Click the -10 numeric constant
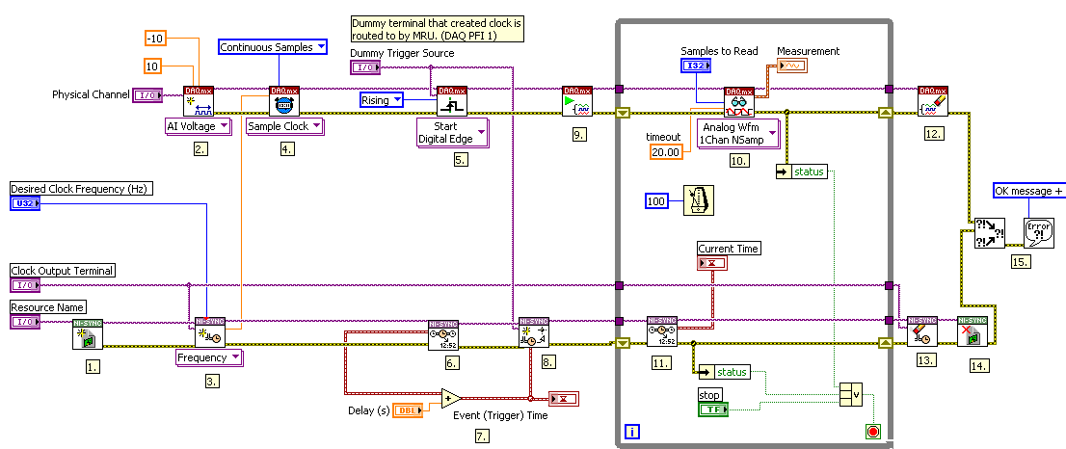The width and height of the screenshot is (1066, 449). pyautogui.click(x=156, y=38)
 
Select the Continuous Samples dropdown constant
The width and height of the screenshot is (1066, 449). pyautogui.click(x=274, y=46)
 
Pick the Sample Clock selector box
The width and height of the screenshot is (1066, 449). pyautogui.click(x=283, y=126)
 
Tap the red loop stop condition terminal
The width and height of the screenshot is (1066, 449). pyautogui.click(x=873, y=432)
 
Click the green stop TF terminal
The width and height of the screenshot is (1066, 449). pyautogui.click(x=713, y=409)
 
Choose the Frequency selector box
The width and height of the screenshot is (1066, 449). pyautogui.click(x=208, y=357)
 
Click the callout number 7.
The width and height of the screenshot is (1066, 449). pyautogui.click(x=482, y=436)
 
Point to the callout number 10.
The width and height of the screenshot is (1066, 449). pyautogui.click(x=739, y=161)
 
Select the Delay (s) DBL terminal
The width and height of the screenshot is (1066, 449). pyautogui.click(x=410, y=411)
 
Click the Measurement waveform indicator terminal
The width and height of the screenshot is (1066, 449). pyautogui.click(x=791, y=66)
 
